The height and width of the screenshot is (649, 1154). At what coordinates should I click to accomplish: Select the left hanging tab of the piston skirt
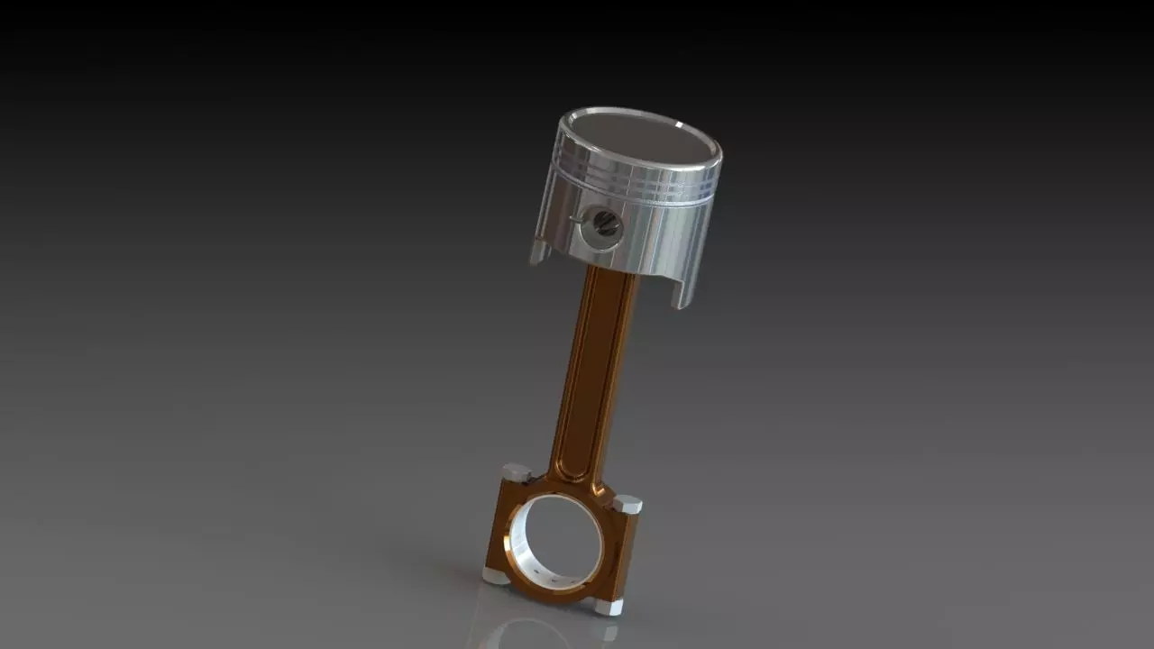coord(539,251)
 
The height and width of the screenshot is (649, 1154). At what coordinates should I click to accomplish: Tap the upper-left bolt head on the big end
coord(516,471)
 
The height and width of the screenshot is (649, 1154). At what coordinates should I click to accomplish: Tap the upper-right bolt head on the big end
coord(627,504)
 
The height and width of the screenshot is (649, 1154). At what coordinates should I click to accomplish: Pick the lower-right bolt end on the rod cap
coord(608,607)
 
